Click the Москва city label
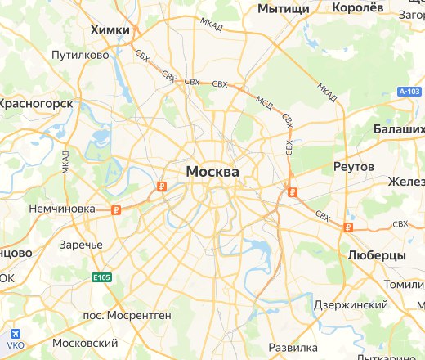[x=212, y=172]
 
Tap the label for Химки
[x=111, y=29]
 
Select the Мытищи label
[x=284, y=8]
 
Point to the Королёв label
[x=358, y=8]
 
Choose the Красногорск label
[x=38, y=104]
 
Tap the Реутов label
[x=354, y=166]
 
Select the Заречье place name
[x=81, y=245]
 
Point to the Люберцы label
[x=377, y=255]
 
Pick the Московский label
[x=85, y=343]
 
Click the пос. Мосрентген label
[x=127, y=314]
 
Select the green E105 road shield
[x=101, y=278]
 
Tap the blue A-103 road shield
[x=409, y=93]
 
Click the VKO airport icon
[x=14, y=335]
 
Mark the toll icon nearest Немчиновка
[x=117, y=210]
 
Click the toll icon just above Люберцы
[x=349, y=227]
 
